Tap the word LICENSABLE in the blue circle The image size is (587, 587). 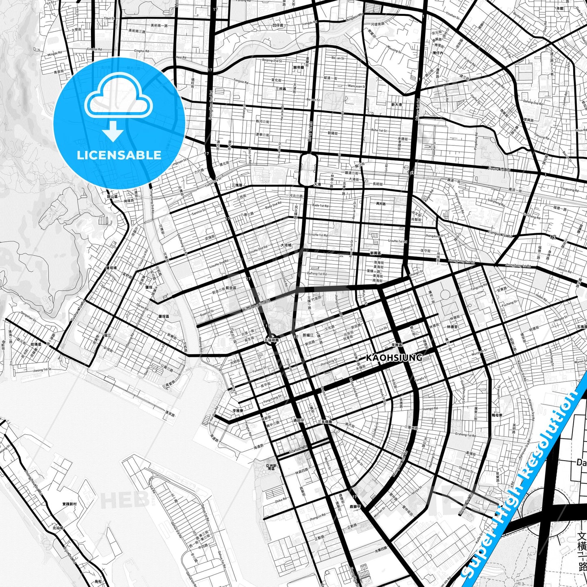(119, 155)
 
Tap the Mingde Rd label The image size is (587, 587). (55, 54)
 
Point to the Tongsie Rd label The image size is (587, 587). (241, 81)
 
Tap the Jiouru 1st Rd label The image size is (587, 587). (499, 169)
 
